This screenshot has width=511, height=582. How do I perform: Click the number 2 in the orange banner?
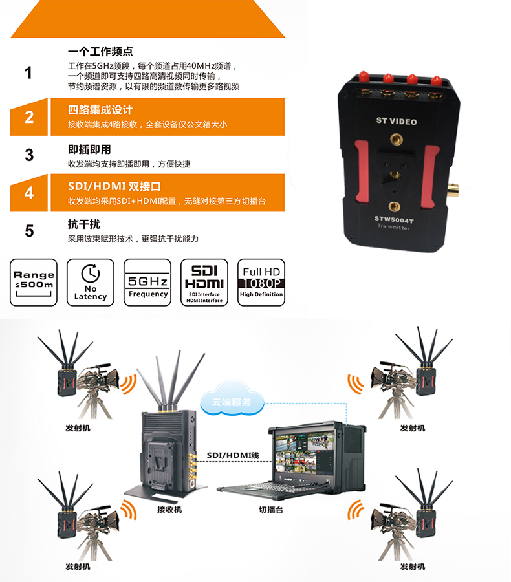tap(29, 117)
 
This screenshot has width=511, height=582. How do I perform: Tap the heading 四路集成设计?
tap(100, 110)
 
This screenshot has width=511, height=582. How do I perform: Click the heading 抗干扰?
tap(84, 224)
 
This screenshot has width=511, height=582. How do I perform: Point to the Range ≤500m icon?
tap(34, 283)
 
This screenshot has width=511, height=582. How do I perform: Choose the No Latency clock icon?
tap(91, 283)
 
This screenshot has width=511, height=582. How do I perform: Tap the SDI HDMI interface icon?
tap(204, 283)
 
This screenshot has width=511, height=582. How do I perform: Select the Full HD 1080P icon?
tap(261, 283)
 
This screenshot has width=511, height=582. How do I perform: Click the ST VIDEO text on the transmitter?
tap(397, 122)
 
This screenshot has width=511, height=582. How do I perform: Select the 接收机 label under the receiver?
tap(169, 510)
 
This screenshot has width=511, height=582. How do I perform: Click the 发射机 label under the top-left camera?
tap(78, 428)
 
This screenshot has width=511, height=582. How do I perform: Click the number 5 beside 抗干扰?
tap(29, 231)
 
